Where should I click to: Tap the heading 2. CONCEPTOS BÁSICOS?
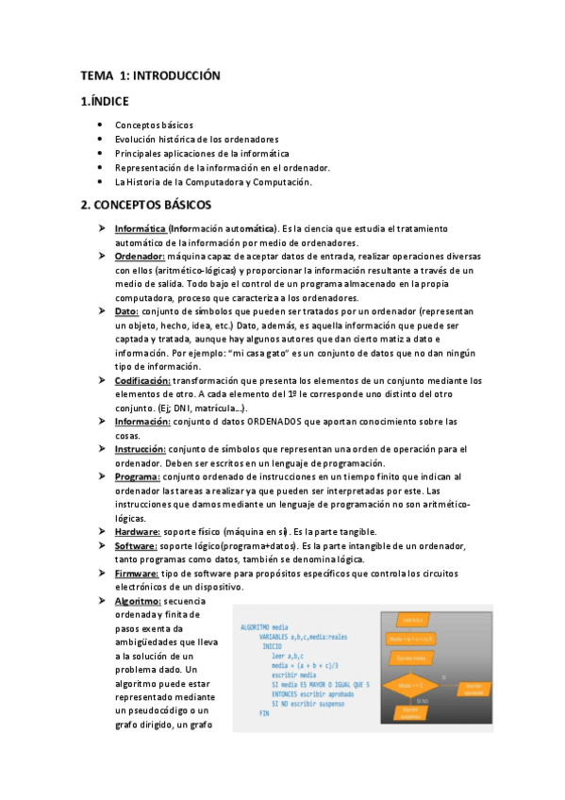[x=145, y=205]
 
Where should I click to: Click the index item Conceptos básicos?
[x=154, y=125]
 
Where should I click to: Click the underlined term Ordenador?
[x=140, y=257]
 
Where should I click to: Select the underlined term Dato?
[x=127, y=310]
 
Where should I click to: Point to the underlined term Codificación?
[x=142, y=380]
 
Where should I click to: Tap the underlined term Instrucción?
[x=141, y=449]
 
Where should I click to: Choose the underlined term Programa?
[x=138, y=477]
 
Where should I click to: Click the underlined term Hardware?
[x=138, y=532]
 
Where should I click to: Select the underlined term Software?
[x=138, y=546]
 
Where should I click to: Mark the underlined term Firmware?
[x=138, y=574]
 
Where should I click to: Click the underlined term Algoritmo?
[x=139, y=601]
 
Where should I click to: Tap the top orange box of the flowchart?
[x=411, y=620]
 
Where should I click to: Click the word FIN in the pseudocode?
[x=265, y=713]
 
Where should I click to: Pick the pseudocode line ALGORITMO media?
[x=266, y=626]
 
